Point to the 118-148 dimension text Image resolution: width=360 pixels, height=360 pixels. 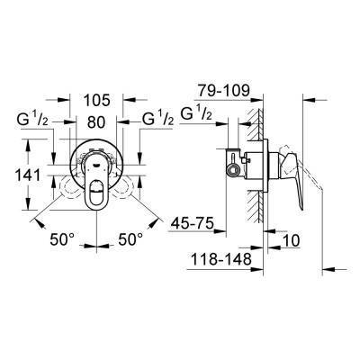pos(220,260)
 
